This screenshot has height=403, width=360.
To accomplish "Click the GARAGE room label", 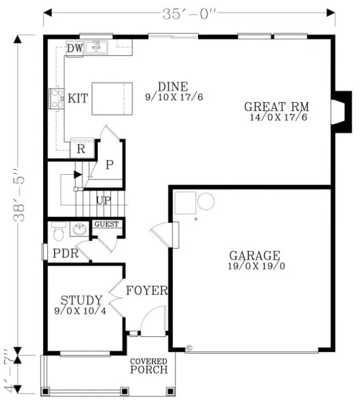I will coord(254,256).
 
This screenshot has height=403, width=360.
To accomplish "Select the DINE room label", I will coord(172,86).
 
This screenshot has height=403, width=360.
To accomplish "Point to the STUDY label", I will coord(81,300).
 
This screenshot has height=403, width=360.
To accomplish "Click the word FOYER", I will coord(146,291).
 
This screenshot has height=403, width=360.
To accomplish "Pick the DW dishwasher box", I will coord(75,48).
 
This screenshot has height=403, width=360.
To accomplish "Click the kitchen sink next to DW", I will coord(96,47).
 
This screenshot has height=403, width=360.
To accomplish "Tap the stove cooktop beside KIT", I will coord(56,98).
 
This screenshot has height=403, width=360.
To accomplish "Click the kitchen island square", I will coord(112,98).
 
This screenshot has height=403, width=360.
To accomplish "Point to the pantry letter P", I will coord(109,165).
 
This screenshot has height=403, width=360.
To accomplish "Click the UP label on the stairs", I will coord(103,200).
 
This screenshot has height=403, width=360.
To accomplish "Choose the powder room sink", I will coord(79,229).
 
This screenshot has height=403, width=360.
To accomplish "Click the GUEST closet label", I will coord(107,224).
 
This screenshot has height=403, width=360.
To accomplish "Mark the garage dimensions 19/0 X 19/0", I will coord(254,266).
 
